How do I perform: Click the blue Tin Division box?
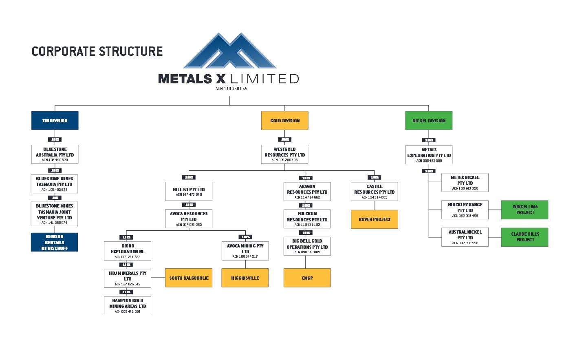[55, 121]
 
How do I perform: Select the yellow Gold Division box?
[284, 121]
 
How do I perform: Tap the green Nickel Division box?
[429, 121]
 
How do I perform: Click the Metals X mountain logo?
[230, 51]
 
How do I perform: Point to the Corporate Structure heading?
[97, 51]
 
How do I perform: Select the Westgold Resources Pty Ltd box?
[284, 155]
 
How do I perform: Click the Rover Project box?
[375, 219]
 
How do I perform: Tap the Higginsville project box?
[245, 278]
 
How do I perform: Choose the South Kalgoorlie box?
[189, 278]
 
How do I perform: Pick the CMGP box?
[307, 278]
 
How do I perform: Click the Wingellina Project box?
[524, 210]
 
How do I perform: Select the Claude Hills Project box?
[524, 237]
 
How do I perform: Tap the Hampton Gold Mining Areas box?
[128, 306]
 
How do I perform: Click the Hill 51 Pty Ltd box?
[189, 192]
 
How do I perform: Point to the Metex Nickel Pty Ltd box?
[465, 183]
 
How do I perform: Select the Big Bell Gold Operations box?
[307, 247]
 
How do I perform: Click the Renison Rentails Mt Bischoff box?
[55, 242]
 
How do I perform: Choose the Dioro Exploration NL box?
[128, 251]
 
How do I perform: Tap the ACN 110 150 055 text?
[231, 88]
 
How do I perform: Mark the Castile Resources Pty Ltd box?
[375, 192]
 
